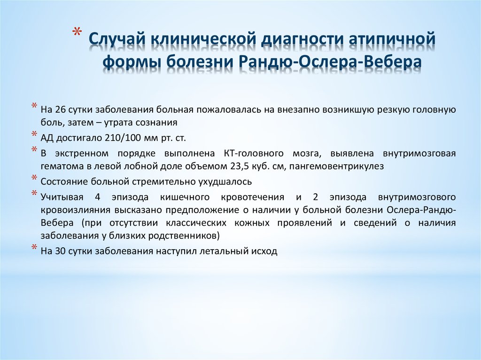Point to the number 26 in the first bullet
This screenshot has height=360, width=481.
tap(61, 110)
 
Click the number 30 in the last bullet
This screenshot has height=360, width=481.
tap(61, 251)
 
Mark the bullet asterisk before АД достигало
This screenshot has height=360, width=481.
tap(34, 136)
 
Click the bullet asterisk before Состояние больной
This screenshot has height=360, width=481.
tap(34, 178)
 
